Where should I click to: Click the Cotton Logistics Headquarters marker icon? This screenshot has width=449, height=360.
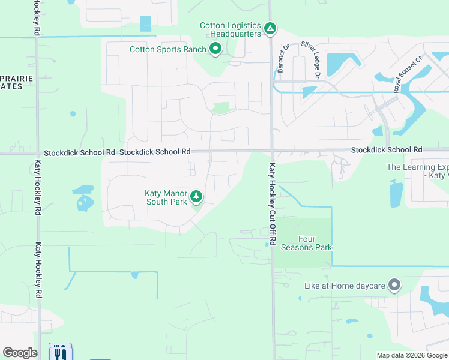coord(271,28)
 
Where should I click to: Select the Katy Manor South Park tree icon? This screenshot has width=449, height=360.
coord(196,196)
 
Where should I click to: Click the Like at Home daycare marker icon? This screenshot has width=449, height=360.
coord(394,285)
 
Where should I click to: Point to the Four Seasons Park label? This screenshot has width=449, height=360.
coord(315,243)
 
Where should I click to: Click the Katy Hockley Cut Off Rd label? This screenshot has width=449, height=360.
coord(272,204)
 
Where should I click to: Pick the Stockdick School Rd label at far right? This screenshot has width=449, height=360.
coord(387,149)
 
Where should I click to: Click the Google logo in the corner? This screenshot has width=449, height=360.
coord(20,353)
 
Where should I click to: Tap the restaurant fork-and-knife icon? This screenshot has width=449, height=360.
coord(60,353)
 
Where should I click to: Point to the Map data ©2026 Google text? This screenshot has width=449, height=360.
coord(412,355)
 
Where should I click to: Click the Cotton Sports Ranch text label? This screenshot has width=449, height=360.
coord(168,49)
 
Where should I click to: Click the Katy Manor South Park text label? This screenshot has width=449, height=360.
coord(166,197)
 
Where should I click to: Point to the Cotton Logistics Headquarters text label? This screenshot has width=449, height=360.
coord(231,29)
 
